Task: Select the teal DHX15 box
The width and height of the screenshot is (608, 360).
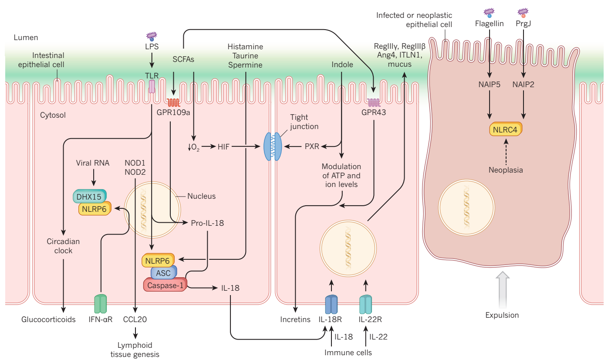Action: pos(89,197)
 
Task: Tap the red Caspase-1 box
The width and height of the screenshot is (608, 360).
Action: pos(165,285)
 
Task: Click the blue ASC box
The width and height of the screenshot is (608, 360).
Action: pos(164,273)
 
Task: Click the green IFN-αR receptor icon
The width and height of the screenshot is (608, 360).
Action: pos(101,303)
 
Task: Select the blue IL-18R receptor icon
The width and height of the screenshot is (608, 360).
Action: pos(331,304)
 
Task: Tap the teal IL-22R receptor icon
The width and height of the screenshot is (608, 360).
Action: pos(365,304)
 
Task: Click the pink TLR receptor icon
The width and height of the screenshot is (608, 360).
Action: pos(152,86)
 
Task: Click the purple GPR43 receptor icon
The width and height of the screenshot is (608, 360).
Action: pos(374,103)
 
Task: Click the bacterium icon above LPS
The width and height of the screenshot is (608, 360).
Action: pos(152,36)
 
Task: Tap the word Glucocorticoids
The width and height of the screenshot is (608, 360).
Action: pos(48,319)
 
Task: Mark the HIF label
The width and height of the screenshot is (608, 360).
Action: pos(223,147)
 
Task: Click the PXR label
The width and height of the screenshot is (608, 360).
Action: pos(311,147)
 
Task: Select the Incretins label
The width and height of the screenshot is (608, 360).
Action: pos(295,319)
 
